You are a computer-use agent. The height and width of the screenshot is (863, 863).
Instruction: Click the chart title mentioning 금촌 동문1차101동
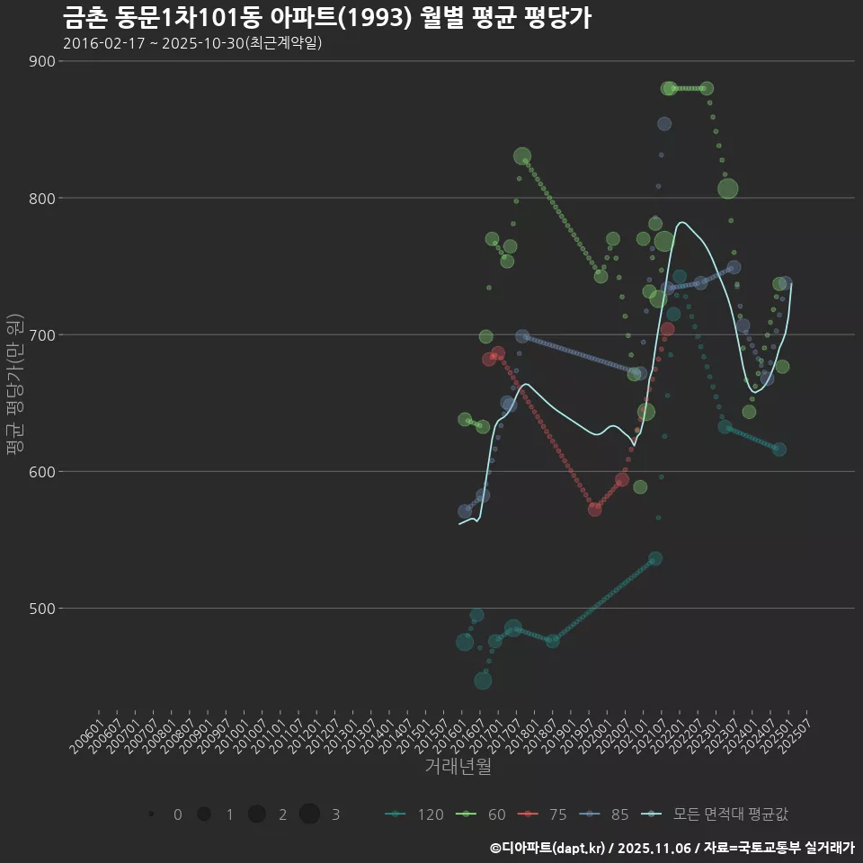[327, 18]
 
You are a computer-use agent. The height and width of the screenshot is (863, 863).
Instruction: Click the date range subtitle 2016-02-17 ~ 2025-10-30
[192, 43]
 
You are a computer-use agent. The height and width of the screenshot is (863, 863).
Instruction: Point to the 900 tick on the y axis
[41, 61]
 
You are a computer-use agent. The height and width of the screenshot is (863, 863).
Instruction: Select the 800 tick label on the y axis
[41, 198]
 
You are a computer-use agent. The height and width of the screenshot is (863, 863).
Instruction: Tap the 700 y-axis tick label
[41, 334]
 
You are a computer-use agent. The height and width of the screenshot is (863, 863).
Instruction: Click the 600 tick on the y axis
[41, 471]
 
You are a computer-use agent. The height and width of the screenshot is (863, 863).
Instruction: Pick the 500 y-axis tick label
[41, 608]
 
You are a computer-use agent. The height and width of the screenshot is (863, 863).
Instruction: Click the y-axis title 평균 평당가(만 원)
[13, 385]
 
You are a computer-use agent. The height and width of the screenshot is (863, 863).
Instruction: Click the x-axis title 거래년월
[458, 767]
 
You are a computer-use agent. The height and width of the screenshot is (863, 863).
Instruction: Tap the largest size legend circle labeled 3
[310, 814]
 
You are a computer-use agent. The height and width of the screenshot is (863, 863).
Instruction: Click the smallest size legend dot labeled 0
[152, 814]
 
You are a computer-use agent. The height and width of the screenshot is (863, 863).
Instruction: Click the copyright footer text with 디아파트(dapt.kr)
[672, 848]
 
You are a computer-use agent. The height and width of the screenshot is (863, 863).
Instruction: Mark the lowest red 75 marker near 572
[595, 509]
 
